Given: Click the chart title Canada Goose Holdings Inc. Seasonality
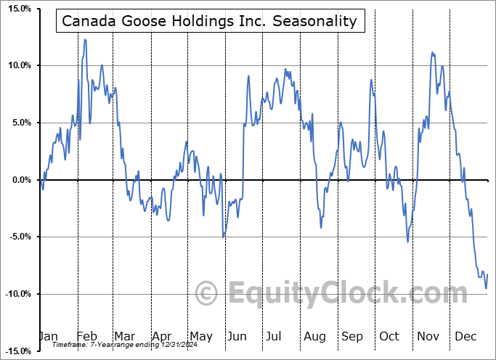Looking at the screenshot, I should click(x=210, y=21).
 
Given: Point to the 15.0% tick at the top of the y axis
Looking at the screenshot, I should click(x=16, y=9).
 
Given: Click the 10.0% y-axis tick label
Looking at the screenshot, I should click(x=16, y=66).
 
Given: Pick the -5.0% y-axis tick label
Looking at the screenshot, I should click(x=17, y=237).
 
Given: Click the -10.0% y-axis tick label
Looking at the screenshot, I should click(x=15, y=294).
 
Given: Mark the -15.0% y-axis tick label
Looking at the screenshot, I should click(x=15, y=351).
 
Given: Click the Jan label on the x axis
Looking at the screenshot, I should click(x=48, y=336).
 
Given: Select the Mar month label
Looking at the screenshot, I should click(x=124, y=336).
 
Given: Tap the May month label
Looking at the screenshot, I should click(x=200, y=336).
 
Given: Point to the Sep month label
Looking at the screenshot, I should click(x=352, y=336).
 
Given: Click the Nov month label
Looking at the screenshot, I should click(x=428, y=336).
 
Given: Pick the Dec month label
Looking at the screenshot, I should click(x=465, y=336).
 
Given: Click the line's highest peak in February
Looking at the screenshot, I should click(x=85, y=40).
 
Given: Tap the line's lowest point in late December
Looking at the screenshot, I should click(x=486, y=288).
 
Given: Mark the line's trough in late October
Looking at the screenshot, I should click(x=407, y=241).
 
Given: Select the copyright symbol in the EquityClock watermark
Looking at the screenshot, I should click(x=207, y=293).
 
